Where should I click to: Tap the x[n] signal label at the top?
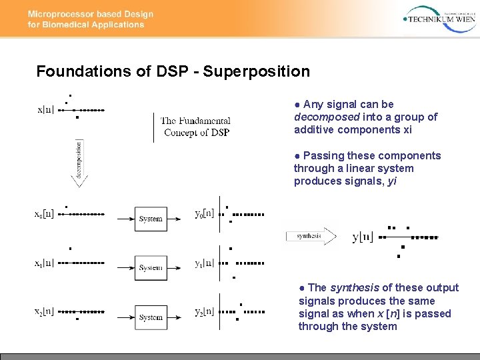click(46, 110)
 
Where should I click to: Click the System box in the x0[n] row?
click(151, 218)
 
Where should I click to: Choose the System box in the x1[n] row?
click(151, 267)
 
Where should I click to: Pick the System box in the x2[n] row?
click(151, 317)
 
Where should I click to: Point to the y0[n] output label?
click(204, 215)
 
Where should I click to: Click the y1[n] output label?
click(204, 263)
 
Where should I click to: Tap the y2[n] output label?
click(204, 311)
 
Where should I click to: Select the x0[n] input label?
click(44, 215)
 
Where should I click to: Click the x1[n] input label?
click(44, 263)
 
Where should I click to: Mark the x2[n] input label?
click(44, 311)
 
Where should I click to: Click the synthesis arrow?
click(311, 236)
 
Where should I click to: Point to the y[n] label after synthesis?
click(363, 237)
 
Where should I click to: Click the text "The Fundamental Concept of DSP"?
click(196, 127)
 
